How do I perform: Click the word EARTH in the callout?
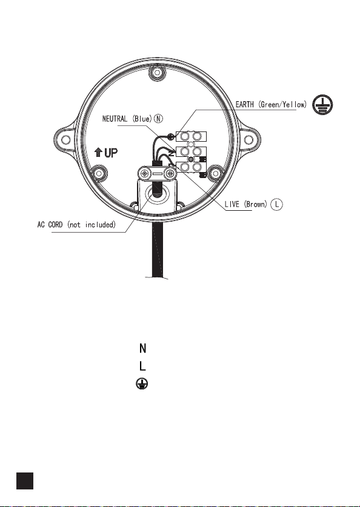click(x=244, y=104)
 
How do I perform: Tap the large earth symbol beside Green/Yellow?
click(x=322, y=105)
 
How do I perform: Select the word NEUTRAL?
click(x=115, y=119)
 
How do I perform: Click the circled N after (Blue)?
click(x=158, y=119)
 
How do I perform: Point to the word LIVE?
click(x=232, y=204)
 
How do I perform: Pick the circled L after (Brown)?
click(x=276, y=204)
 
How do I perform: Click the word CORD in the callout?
click(x=55, y=224)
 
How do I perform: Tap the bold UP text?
click(x=111, y=153)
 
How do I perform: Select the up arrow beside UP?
click(x=98, y=152)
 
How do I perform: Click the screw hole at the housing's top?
click(x=157, y=73)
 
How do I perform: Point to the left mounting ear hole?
click(x=66, y=140)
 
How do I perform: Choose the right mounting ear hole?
click(x=248, y=140)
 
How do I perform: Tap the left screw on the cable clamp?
click(x=145, y=174)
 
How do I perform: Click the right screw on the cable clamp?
click(x=170, y=174)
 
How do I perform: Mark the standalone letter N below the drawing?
click(x=142, y=348)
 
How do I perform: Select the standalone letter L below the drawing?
click(x=142, y=366)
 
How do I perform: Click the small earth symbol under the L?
click(x=142, y=384)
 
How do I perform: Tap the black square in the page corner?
click(x=25, y=481)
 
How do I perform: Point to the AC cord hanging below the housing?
click(x=157, y=249)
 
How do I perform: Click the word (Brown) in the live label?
click(x=256, y=204)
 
